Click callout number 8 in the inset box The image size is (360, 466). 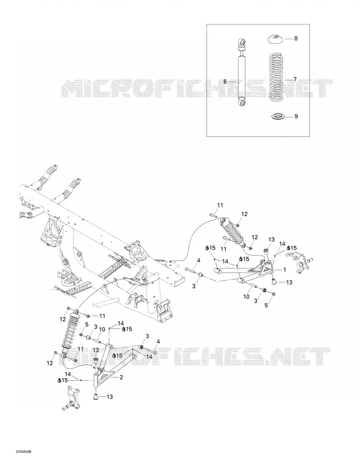pyautogui.click(x=296, y=38)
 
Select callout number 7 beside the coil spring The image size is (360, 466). pyautogui.click(x=295, y=79)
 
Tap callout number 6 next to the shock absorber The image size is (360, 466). pyautogui.click(x=225, y=81)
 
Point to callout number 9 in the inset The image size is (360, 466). pyautogui.click(x=296, y=117)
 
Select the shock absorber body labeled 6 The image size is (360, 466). pyautogui.click(x=242, y=72)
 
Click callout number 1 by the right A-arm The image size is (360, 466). pyautogui.click(x=284, y=270)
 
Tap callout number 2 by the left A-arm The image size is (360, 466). pyautogui.click(x=121, y=377)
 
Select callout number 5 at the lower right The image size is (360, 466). pyautogui.click(x=266, y=305)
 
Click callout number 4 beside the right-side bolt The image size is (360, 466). pyautogui.click(x=199, y=260)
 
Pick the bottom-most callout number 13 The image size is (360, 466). pyautogui.click(x=110, y=397)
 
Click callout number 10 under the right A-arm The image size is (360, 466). pyautogui.click(x=246, y=297)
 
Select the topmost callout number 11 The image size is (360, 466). pyautogui.click(x=220, y=205)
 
